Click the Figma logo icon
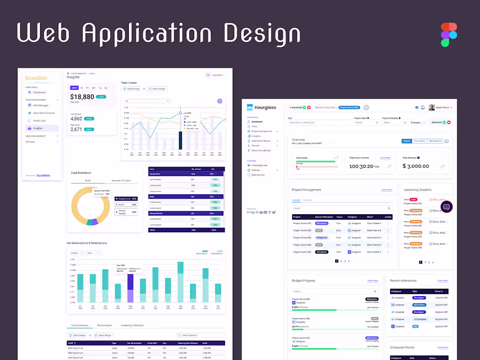pyautogui.click(x=449, y=34)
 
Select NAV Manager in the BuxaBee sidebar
pyautogui.click(x=41, y=105)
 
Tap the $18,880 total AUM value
pyautogui.click(x=82, y=97)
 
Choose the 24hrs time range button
pyautogui.click(x=74, y=88)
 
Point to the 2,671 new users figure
pyautogui.click(x=76, y=129)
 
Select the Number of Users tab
pyautogui.click(x=121, y=181)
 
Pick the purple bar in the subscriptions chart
pyautogui.click(x=130, y=288)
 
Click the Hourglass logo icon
pyautogui.click(x=250, y=107)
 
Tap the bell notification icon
pyautogui.click(x=422, y=107)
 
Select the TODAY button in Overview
pyautogui.click(x=407, y=141)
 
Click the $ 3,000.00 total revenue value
pyautogui.click(x=415, y=166)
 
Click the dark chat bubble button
pyautogui.click(x=446, y=207)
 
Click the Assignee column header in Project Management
pyautogui.click(x=352, y=217)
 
